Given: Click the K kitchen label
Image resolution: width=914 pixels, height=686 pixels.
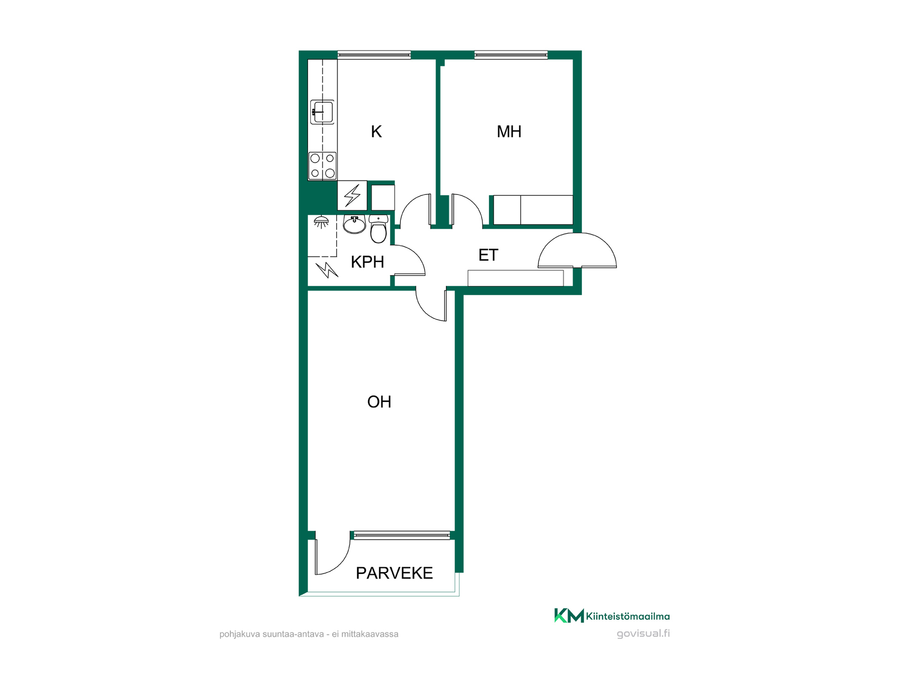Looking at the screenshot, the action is (376, 131).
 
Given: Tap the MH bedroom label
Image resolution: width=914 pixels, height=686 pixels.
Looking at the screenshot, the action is (509, 131).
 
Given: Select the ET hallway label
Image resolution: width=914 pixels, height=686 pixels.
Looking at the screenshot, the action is (488, 255).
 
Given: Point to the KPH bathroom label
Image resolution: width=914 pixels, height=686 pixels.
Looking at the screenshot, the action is (367, 262).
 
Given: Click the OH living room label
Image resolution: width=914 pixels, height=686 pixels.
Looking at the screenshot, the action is (379, 402).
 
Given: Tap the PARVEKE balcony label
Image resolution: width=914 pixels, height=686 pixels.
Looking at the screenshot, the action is (394, 573).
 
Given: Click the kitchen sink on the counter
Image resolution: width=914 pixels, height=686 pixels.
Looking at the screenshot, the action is (322, 112).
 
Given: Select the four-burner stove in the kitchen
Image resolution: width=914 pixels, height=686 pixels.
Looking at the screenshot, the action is (322, 166).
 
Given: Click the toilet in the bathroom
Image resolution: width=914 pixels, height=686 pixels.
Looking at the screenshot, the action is (378, 229).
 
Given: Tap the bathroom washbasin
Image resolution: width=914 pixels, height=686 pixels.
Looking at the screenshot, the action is (354, 224).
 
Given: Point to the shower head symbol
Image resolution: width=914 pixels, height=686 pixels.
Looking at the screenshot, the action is (321, 222).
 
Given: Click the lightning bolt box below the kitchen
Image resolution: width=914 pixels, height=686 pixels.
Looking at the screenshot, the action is (352, 195).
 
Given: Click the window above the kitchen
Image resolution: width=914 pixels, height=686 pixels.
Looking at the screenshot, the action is (374, 55).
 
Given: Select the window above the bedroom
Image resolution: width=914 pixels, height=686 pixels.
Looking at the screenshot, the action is (511, 55).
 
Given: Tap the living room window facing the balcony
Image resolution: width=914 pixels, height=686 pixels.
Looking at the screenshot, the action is (402, 535).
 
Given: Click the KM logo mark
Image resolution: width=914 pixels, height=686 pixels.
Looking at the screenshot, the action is (569, 615).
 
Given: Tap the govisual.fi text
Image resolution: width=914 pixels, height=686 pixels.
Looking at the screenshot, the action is (643, 634).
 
